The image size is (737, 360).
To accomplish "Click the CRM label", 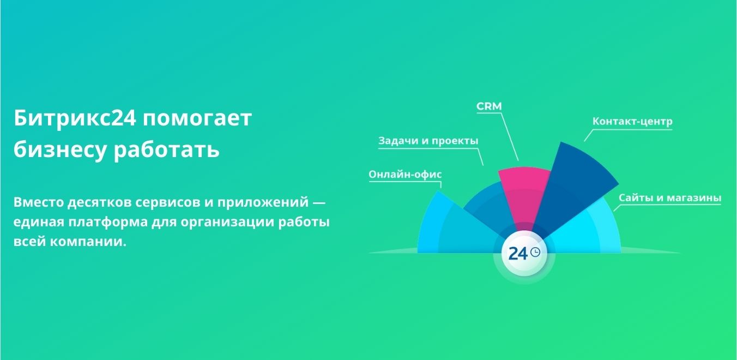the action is point(490,106).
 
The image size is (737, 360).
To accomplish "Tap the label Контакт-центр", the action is point(632,121).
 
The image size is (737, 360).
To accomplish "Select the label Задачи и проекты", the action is point(428,141).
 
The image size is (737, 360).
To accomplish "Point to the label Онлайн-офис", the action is point(405,174).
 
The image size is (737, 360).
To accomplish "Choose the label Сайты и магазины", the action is point(670,197).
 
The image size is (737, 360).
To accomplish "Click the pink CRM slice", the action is point(523,194).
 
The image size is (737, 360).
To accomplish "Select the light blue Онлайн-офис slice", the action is point(451,227).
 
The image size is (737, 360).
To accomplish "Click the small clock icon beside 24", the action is point(535,252).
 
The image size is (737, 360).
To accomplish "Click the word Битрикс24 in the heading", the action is point(75,118).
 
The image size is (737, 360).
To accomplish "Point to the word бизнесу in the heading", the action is point(60,150).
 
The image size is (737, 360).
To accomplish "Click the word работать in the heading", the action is point(166,149).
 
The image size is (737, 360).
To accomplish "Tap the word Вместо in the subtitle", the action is point(38,202).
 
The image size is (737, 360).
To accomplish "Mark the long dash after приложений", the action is point(319,202).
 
